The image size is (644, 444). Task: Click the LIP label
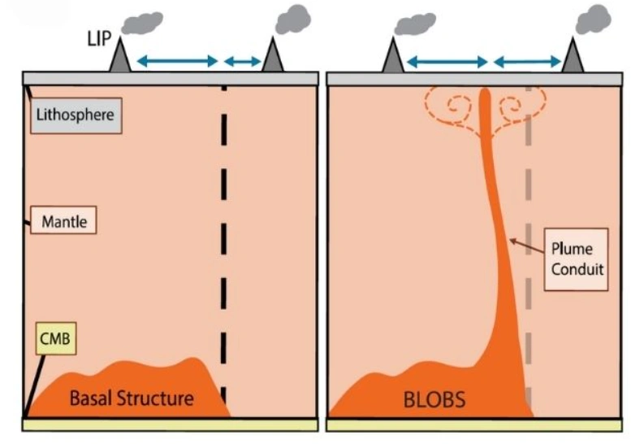[x=99, y=39]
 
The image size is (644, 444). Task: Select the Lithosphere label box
[x=76, y=115]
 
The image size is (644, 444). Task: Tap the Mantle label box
[x=63, y=220]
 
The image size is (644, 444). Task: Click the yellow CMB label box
[x=56, y=338]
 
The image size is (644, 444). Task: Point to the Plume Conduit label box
[x=577, y=259]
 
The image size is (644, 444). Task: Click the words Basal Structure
[x=132, y=398]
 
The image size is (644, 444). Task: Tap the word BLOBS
[x=434, y=399]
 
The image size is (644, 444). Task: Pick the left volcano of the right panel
[x=392, y=55]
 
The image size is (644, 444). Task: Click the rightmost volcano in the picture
[x=573, y=55]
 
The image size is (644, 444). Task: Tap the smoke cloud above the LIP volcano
[x=142, y=23]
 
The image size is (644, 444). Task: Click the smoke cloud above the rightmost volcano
[x=593, y=20]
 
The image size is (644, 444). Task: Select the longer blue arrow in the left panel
[x=177, y=62]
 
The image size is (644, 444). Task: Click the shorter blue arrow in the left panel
[x=242, y=62]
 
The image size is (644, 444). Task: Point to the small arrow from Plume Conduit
[x=527, y=246]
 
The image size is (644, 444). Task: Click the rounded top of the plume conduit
[x=485, y=94]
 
